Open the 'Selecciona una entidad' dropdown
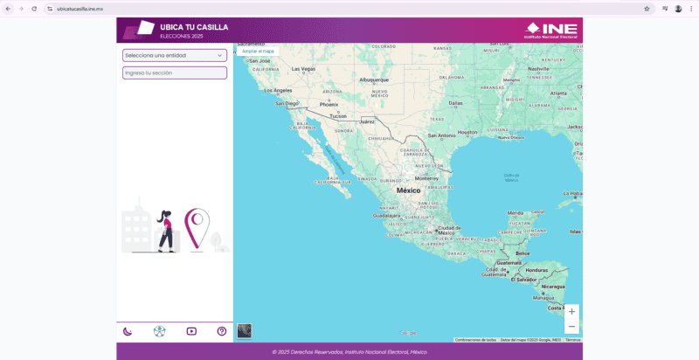tap(174, 55)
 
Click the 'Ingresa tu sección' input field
tap(174, 73)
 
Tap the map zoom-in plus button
tap(571, 312)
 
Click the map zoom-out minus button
tap(571, 326)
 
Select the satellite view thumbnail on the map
tap(245, 331)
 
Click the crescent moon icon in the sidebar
tap(128, 331)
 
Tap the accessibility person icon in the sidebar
tap(159, 331)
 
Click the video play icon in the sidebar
tap(191, 331)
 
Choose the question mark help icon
tap(222, 331)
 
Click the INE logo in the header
tap(550, 30)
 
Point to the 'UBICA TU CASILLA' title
tap(194, 27)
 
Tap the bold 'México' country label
tap(408, 190)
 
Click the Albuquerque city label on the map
tap(373, 80)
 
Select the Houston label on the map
tap(468, 132)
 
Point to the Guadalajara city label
tap(386, 215)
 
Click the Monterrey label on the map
tap(426, 177)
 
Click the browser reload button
tap(34, 8)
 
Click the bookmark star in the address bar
tap(647, 8)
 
